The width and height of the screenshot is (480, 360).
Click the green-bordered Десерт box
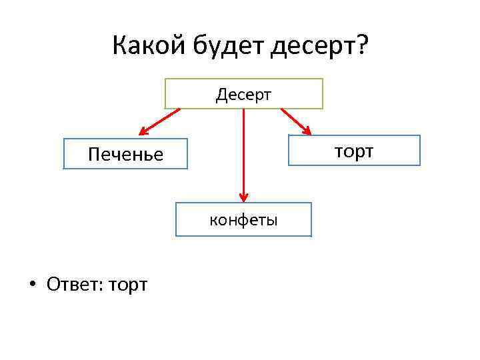click(243, 93)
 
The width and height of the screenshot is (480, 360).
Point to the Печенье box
click(125, 154)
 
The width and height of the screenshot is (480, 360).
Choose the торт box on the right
click(353, 151)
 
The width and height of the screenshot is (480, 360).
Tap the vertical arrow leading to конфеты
click(243, 153)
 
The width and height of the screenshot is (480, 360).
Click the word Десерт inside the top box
click(243, 94)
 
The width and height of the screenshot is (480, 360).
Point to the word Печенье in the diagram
click(125, 155)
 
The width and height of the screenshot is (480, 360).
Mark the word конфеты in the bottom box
click(243, 220)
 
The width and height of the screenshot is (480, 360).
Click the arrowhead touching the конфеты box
click(243, 197)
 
